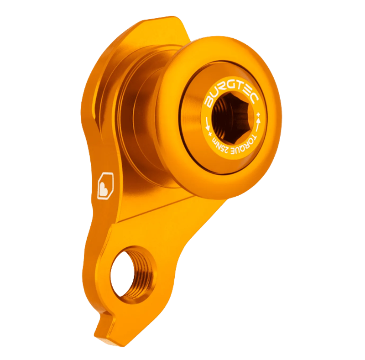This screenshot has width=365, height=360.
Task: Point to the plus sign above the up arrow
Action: coord(259,112)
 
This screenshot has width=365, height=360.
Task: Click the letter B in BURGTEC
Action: coord(209,100)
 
